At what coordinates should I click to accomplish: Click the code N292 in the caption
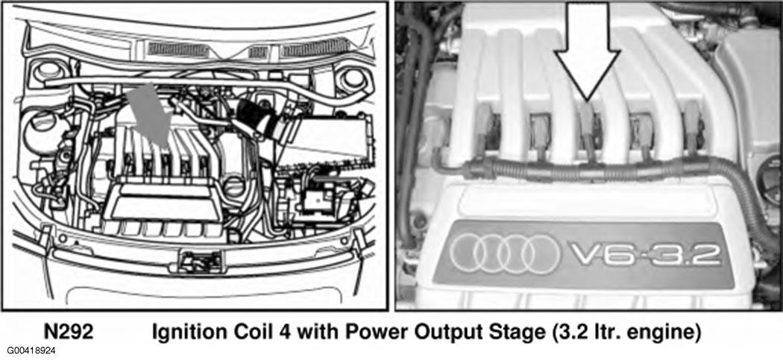coord(69,332)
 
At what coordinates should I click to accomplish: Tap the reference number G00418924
coord(28,352)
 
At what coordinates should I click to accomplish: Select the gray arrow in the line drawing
coord(150,115)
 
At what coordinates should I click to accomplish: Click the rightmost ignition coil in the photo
coord(693,127)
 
